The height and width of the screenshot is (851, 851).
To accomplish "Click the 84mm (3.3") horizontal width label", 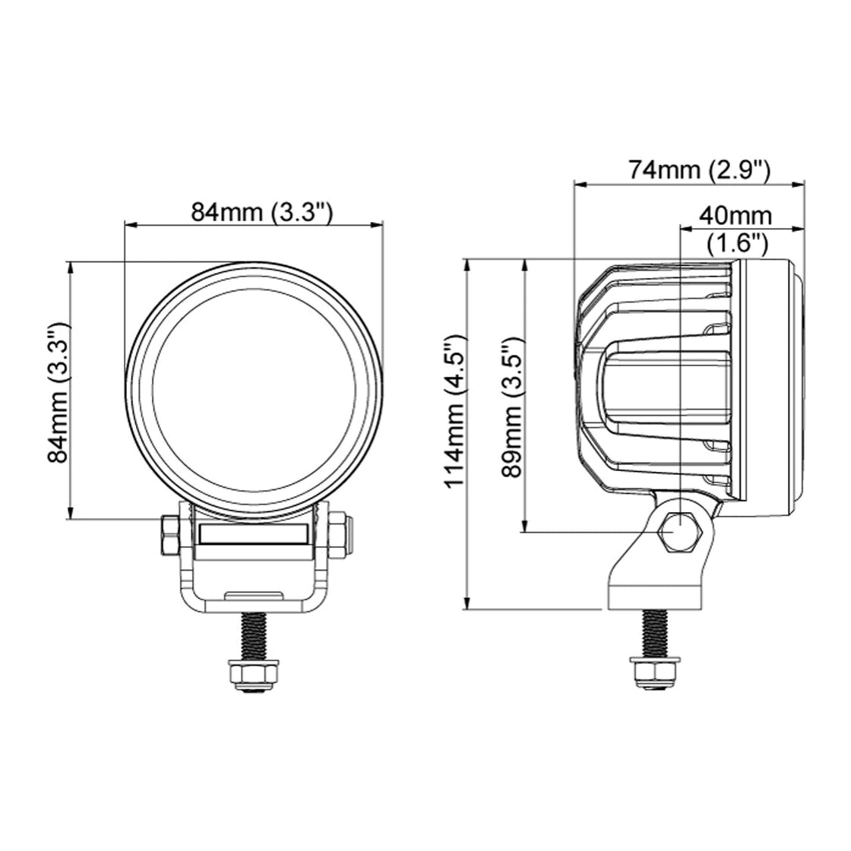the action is (261, 212).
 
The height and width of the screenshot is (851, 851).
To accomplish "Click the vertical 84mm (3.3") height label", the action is (58, 392).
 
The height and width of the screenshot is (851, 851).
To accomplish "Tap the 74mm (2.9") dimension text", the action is (700, 170).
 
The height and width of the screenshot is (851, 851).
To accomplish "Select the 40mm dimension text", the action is (736, 216).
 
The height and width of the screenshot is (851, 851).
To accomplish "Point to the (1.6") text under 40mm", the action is (738, 244).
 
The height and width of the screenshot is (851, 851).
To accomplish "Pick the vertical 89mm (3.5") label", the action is (512, 407).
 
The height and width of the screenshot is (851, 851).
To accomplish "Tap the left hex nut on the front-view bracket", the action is (169, 535).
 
